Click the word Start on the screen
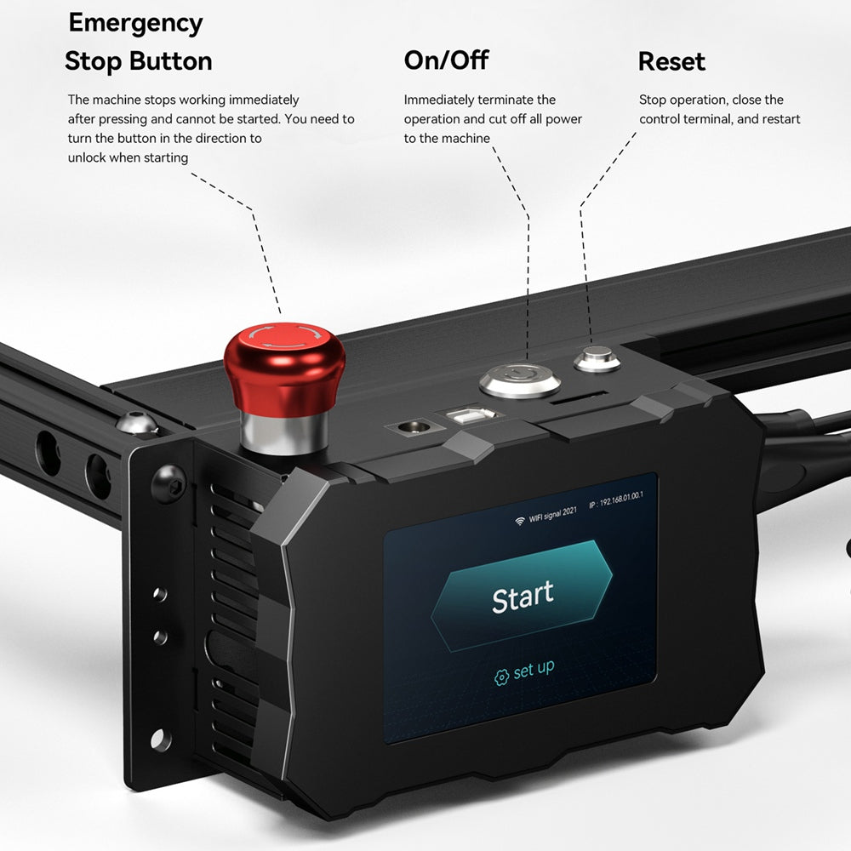coord(522,597)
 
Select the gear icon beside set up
coord(502,676)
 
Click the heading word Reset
coord(671,61)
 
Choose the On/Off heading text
coord(446,60)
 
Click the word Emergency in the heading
coord(135,23)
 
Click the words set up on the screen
coord(534,671)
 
